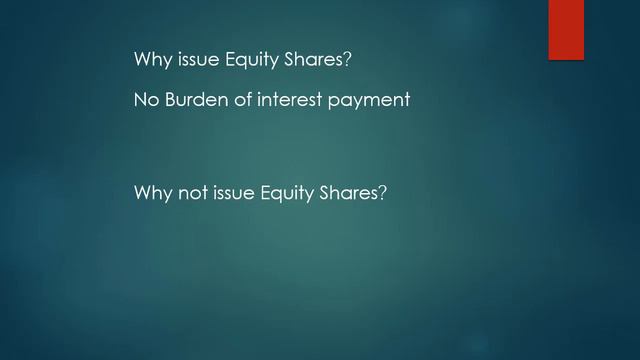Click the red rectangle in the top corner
click(565, 30)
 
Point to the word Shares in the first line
click(317, 60)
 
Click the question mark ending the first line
click(347, 60)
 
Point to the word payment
click(374, 101)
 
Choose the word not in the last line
click(193, 192)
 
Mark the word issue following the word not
click(236, 192)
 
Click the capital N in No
click(140, 100)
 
